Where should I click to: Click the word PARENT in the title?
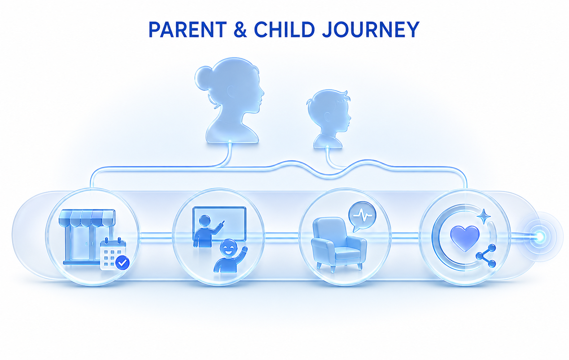pos(188,30)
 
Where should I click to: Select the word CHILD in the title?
pos(284,30)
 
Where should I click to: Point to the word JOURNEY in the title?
pos(370,30)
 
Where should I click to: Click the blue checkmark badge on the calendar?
pos(122,263)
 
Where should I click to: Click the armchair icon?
pos(339,244)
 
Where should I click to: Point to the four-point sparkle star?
pos(483,216)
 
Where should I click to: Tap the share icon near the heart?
pos(486,256)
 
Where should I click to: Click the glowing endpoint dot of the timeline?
pos(540,237)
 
